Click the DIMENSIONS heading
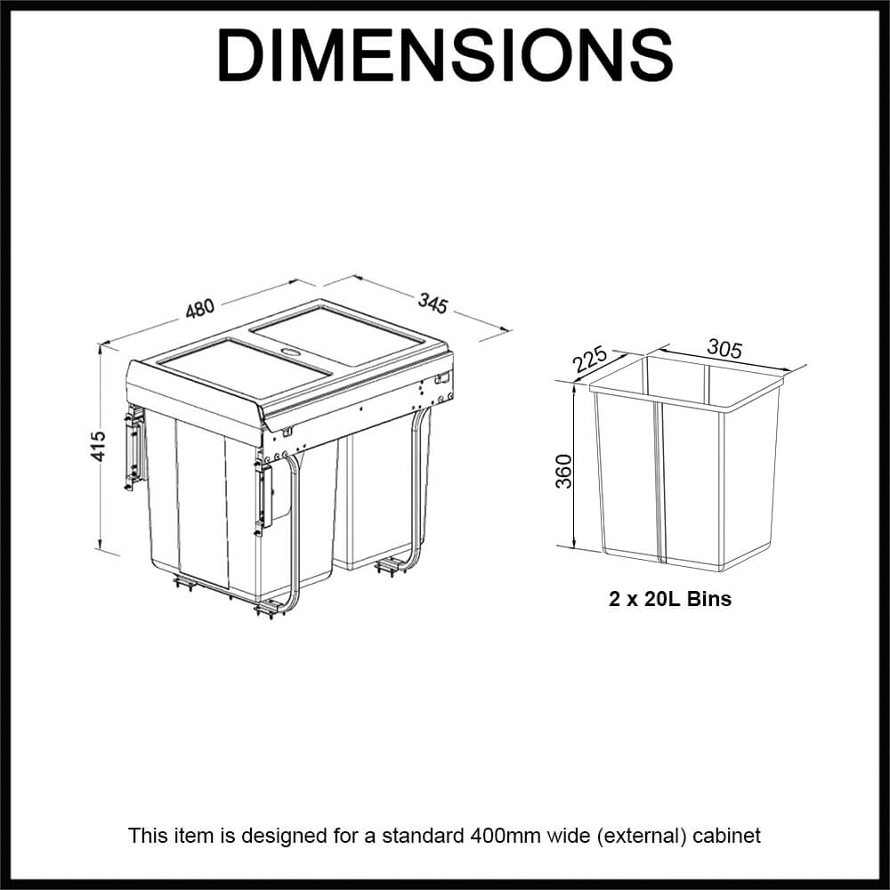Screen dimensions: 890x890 click(x=445, y=55)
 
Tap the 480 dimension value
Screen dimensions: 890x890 click(x=199, y=307)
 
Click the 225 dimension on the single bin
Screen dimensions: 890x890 click(x=590, y=359)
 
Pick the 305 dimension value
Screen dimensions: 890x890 click(x=724, y=348)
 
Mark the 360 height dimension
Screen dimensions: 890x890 click(x=563, y=469)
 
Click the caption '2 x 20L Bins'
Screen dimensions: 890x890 click(x=670, y=599)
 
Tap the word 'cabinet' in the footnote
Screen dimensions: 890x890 click(x=728, y=836)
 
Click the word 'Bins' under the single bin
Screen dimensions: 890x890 click(x=708, y=599)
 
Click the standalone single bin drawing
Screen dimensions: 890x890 click(x=685, y=472)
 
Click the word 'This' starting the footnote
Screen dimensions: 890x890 click(x=145, y=836)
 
